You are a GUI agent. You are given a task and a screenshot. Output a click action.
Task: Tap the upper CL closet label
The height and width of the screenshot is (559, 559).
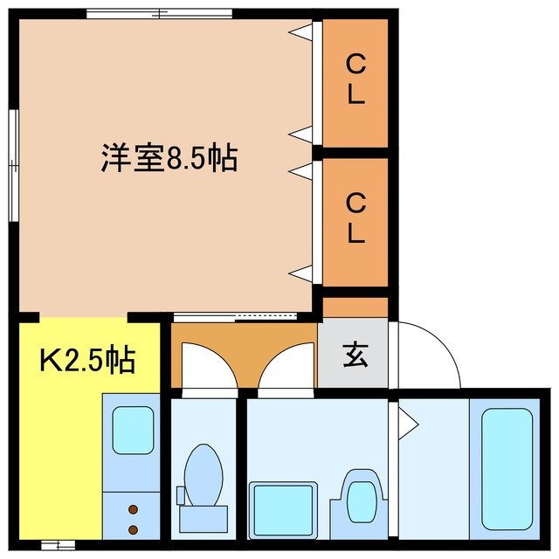coord(355,79)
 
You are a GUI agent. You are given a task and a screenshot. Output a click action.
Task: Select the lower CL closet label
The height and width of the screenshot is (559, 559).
coord(355,218)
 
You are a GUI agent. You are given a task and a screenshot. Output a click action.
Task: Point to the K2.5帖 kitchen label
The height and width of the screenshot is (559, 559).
coord(87,359)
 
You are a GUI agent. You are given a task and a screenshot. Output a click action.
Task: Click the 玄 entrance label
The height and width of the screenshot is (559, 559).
coord(354,355)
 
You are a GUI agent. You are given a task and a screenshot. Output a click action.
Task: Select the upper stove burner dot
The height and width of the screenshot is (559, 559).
coord(133,510)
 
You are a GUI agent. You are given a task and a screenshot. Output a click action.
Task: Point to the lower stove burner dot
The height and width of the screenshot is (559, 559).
coord(133,528)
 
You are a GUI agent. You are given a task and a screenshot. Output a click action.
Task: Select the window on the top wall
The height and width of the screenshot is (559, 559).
coord(160,14)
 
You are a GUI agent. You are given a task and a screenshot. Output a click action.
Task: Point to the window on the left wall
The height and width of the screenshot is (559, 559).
coord(13,166)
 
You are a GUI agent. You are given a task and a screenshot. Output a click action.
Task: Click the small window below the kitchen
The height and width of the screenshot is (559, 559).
coord(57,545)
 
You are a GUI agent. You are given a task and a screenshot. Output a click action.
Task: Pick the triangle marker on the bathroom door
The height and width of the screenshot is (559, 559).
coord(408,425)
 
